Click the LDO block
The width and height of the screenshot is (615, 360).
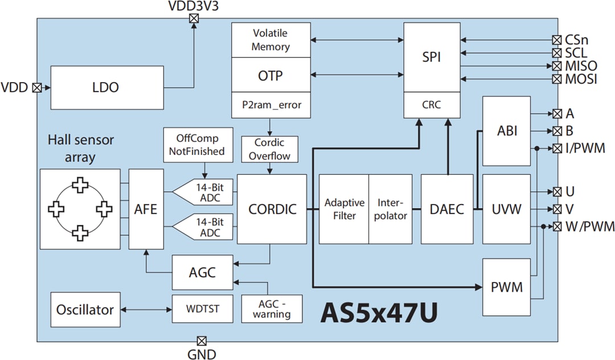pyautogui.click(x=105, y=88)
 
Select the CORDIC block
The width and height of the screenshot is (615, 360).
pyautogui.click(x=272, y=209)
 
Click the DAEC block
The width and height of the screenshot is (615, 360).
pyautogui.click(x=447, y=209)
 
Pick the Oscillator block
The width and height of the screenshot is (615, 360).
pyautogui.click(x=85, y=310)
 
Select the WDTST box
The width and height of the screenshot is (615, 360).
pyautogui.click(x=203, y=310)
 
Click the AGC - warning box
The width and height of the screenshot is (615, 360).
pyautogui.click(x=272, y=309)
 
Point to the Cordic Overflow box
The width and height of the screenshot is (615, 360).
pyautogui.click(x=269, y=149)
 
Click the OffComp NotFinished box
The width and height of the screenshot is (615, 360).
pyautogui.click(x=197, y=145)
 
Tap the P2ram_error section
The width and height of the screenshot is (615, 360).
pyautogui.click(x=270, y=105)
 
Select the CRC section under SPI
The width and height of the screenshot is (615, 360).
pyautogui.click(x=431, y=105)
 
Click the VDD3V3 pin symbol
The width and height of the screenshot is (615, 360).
pyautogui.click(x=194, y=18)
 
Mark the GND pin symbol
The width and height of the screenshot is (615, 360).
pyautogui.click(x=201, y=341)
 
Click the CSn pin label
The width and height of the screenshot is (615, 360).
pyautogui.click(x=577, y=40)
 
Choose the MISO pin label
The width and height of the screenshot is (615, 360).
pyautogui.click(x=581, y=66)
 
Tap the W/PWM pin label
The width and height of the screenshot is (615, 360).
pyautogui.click(x=590, y=227)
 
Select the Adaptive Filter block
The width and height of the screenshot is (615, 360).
pyautogui.click(x=343, y=209)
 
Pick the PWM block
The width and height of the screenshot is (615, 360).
pyautogui.click(x=506, y=287)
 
